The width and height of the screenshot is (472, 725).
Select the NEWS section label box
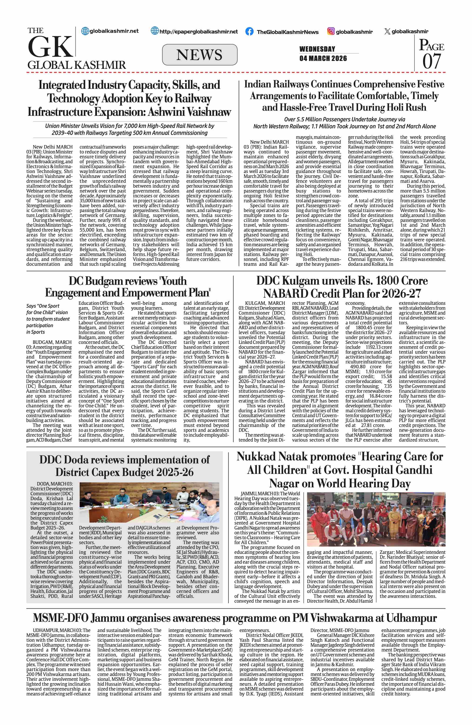tap(199, 55)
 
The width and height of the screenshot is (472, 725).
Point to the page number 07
tap(432, 61)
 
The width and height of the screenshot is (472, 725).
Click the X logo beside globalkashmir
tap(387, 31)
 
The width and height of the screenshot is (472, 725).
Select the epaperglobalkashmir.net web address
tap(199, 31)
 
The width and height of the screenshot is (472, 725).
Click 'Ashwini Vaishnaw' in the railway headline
tap(189, 112)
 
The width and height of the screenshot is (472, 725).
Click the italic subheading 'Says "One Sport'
tap(43, 306)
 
